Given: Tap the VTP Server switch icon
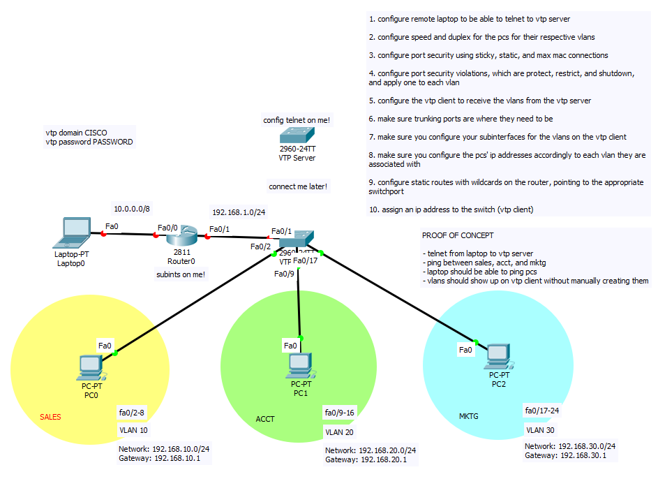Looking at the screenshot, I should click(297, 136).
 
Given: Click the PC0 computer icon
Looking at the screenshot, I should click(90, 364).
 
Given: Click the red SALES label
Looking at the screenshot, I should click(50, 418).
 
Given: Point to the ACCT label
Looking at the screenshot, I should click(265, 419).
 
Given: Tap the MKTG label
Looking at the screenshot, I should click(469, 416).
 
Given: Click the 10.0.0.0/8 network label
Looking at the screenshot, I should click(131, 208).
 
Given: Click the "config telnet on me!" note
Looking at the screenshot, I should click(297, 120).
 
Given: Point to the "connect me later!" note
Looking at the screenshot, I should click(298, 186).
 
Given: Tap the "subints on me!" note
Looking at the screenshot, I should click(181, 274).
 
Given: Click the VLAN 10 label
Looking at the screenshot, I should click(133, 430).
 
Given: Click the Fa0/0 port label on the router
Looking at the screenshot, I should click(167, 228).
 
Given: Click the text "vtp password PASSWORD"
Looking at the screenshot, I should click(89, 142).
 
